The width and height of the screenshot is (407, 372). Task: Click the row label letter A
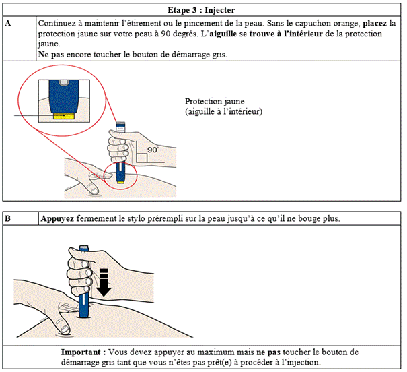click(x=7, y=23)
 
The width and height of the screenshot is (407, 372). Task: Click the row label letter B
click(x=7, y=219)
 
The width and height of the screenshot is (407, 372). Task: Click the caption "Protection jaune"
click(x=218, y=101)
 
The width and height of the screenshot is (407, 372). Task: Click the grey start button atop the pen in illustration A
click(x=120, y=123)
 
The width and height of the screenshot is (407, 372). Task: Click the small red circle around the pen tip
click(x=120, y=175)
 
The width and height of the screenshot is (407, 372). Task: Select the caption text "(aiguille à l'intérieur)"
click(x=223, y=111)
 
